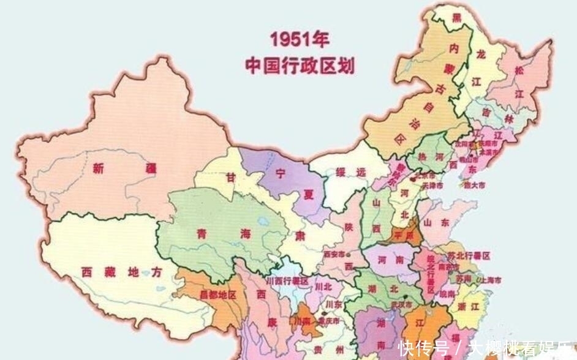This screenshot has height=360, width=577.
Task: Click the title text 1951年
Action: click(x=300, y=40)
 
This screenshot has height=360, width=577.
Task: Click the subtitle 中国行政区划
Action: click(x=300, y=65)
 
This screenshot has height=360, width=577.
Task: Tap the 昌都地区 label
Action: click(x=217, y=294)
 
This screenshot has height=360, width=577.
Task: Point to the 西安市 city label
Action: click(x=335, y=253)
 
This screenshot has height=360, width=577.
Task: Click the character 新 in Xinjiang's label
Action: click(x=100, y=168)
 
